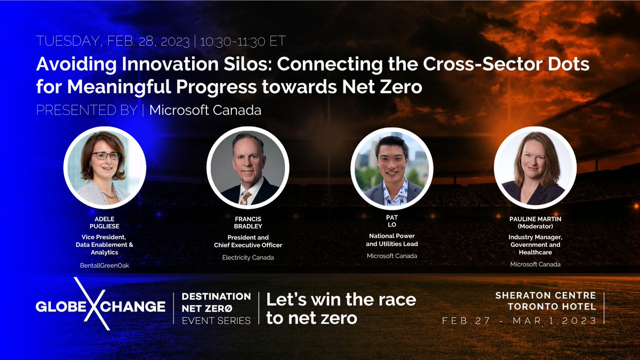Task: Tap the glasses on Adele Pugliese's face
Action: [105, 156]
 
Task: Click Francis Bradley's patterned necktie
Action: [246, 197]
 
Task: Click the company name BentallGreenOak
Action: [105, 265]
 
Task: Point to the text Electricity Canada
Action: [248, 257]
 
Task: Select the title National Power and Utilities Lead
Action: [392, 239]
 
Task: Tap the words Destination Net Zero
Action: [216, 302]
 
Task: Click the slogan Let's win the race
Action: [341, 299]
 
